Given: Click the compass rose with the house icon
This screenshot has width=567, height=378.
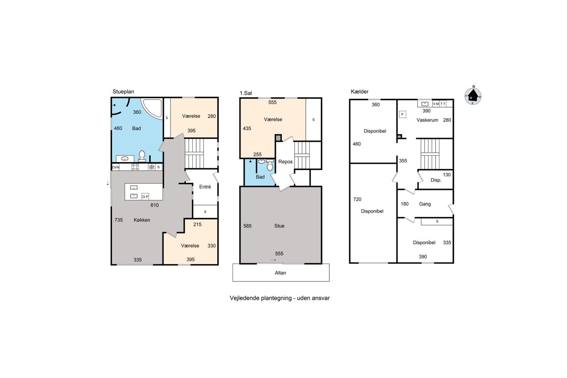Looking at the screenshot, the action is click(x=472, y=95).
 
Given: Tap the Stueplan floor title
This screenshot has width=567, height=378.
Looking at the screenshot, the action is click(x=123, y=92).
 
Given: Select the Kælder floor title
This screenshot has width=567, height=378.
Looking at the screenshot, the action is click(x=360, y=92).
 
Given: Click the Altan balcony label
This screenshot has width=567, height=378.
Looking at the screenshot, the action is click(x=280, y=273).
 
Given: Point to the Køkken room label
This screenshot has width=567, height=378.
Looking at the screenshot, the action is click(x=142, y=220).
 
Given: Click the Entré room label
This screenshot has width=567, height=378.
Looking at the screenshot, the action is click(x=205, y=187).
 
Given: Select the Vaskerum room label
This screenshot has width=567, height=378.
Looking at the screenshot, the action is click(x=427, y=120).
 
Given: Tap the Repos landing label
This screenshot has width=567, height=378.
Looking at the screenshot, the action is click(x=285, y=162).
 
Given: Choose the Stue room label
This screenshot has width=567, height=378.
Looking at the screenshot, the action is click(x=279, y=226).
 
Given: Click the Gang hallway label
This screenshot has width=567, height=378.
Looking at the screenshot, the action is click(x=425, y=204).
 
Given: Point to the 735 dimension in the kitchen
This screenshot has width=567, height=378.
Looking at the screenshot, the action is click(x=119, y=220).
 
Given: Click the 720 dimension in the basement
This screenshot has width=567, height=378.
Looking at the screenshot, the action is click(x=357, y=199).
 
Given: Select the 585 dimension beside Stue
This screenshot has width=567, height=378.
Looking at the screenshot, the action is click(x=247, y=226).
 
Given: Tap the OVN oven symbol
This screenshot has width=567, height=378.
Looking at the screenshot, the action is click(x=116, y=167).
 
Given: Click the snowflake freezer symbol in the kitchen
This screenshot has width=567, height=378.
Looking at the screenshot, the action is click(x=151, y=167).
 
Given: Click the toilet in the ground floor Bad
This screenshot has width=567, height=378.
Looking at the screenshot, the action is click(x=142, y=156).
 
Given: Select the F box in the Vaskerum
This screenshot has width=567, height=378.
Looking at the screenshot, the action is click(x=403, y=114).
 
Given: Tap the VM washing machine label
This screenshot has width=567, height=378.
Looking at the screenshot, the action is click(x=436, y=104).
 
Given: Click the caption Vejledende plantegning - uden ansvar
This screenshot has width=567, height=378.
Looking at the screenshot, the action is click(x=279, y=298).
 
